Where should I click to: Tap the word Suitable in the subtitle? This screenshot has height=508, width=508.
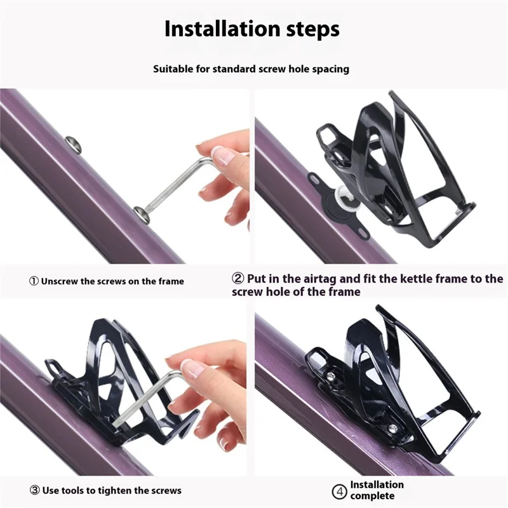[x=173, y=69]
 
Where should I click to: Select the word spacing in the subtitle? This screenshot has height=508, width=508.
[x=330, y=69]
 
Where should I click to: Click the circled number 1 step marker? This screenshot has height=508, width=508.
[x=34, y=281]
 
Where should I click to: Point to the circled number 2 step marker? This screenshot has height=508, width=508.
[x=237, y=278]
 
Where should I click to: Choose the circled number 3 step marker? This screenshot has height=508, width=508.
[x=35, y=490]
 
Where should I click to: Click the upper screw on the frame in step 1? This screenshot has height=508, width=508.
[x=74, y=144]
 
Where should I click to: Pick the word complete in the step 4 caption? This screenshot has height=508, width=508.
[x=372, y=496]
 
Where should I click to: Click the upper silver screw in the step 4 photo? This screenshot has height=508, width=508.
[x=330, y=376]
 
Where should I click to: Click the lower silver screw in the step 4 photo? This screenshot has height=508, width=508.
[x=392, y=428]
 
